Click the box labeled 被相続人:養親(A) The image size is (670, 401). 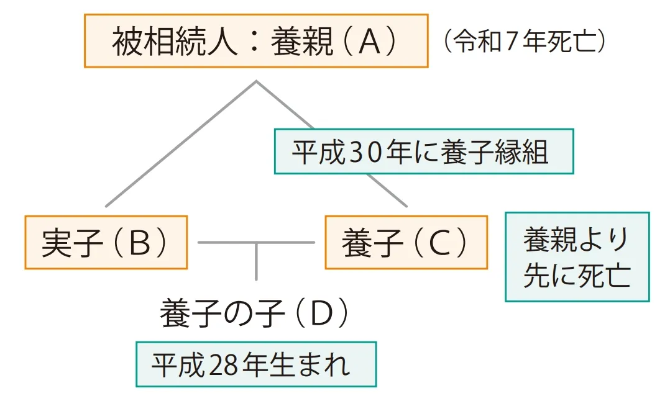(x=256, y=41)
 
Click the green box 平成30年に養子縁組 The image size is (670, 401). (x=424, y=151)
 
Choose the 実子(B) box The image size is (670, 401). (x=106, y=243)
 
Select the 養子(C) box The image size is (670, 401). (x=406, y=243)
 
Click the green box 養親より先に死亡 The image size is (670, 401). (x=577, y=257)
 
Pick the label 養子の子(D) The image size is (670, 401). (x=254, y=315)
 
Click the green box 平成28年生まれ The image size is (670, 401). (x=256, y=364)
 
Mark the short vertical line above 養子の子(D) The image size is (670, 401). (x=255, y=262)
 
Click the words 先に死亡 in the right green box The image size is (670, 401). (x=577, y=276)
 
